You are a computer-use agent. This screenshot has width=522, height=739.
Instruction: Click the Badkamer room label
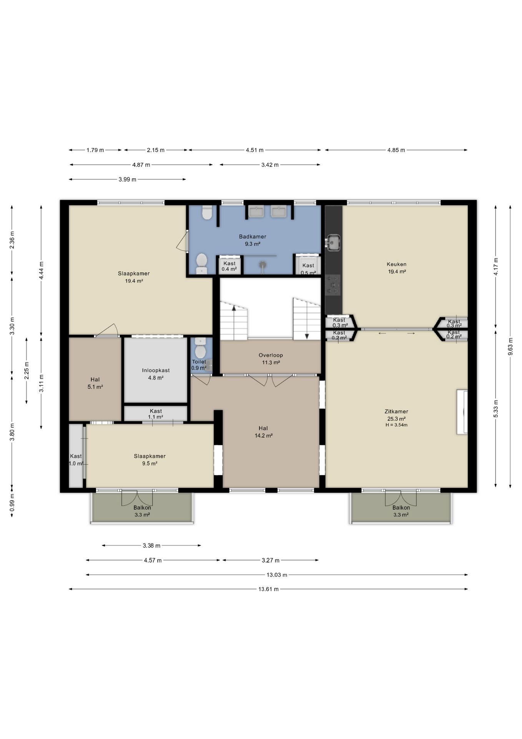[x=252, y=237]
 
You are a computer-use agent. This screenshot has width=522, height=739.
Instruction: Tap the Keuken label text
[x=396, y=264]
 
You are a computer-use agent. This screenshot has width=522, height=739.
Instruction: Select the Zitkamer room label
[x=396, y=411]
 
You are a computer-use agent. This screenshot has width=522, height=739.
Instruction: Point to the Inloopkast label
[x=156, y=370]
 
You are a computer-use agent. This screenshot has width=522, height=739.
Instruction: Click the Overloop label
[x=271, y=355]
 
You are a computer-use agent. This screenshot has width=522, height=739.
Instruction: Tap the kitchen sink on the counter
[x=333, y=242]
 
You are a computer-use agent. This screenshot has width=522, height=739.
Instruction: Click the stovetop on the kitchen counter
[x=333, y=285]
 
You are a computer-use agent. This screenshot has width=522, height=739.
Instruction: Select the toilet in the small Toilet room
[x=200, y=348]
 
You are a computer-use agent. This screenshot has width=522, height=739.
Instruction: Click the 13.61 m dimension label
[x=268, y=589]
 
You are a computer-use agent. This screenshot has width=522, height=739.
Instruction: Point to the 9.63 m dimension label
[x=510, y=347]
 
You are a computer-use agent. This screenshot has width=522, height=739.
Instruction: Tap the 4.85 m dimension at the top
[x=396, y=150]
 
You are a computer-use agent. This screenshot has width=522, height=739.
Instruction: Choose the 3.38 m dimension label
[x=151, y=545]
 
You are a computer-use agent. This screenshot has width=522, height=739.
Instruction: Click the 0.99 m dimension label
[x=12, y=502]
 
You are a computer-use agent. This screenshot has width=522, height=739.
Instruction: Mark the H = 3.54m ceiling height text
[x=396, y=425]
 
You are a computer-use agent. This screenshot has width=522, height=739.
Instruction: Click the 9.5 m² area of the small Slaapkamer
[x=150, y=463]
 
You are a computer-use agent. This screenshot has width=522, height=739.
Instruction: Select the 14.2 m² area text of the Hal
[x=263, y=436]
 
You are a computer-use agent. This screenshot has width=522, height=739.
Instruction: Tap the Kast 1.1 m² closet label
[x=156, y=414]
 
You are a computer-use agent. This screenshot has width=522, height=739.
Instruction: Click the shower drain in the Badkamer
[x=263, y=264]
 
